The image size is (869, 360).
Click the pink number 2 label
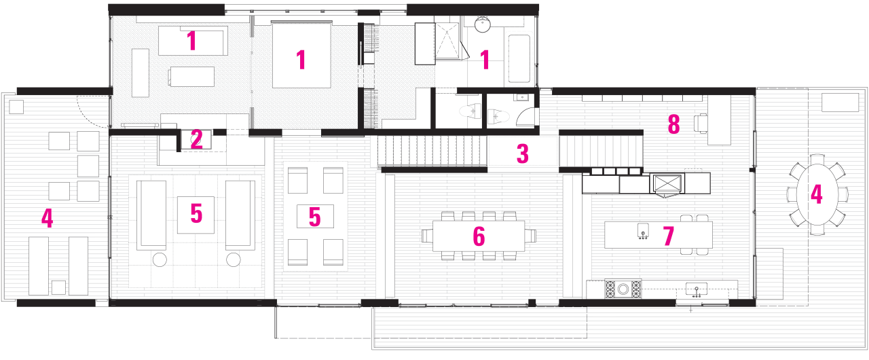(x=196, y=139)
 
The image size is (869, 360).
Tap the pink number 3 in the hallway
(x=522, y=154)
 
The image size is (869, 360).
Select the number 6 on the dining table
(x=479, y=236)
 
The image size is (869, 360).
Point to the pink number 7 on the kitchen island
(x=668, y=236)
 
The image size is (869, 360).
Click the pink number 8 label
(x=673, y=124)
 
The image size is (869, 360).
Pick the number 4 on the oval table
(x=816, y=194)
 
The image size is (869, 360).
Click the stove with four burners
(x=623, y=289)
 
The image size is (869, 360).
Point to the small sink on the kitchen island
(x=641, y=232)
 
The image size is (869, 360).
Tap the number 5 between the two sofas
(x=196, y=214)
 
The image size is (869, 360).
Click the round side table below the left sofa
(x=161, y=259)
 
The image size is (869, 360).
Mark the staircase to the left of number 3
(x=432, y=150)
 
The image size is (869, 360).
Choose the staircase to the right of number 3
(x=600, y=151)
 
